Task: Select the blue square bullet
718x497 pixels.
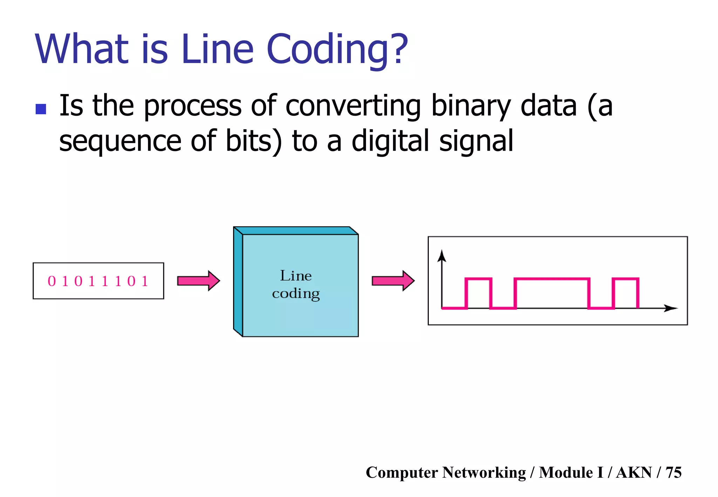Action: point(41,109)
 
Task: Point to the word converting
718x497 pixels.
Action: point(353,106)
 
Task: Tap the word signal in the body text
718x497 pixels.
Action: point(476,141)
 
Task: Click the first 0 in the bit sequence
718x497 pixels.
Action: point(52,281)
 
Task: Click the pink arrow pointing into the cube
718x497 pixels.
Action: point(198,281)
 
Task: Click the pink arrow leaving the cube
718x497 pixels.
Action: point(393,281)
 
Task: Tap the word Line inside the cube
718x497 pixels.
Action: point(296,276)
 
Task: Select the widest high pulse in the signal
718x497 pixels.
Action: point(552,279)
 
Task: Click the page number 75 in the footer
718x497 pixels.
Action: point(673,472)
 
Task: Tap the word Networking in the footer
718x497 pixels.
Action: point(484,472)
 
